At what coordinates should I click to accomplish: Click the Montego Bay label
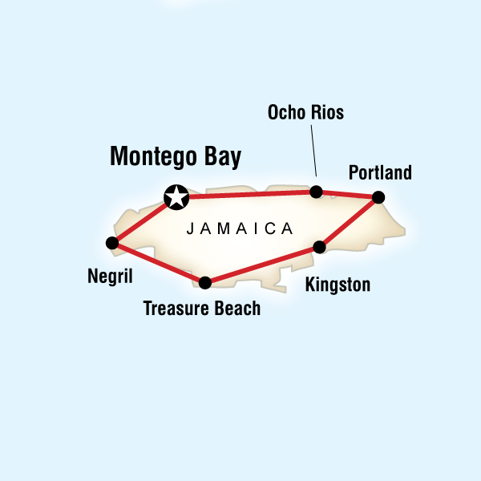coord(174,156)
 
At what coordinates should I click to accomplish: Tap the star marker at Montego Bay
coord(175,196)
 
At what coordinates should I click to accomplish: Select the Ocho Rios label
coord(305,112)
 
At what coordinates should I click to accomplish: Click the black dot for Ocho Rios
coord(316,192)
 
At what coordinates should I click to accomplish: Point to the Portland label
coord(380,172)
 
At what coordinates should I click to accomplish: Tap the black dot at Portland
coord(378,196)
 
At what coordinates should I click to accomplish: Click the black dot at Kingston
coord(319,247)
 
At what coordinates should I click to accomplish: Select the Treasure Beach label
coord(201,308)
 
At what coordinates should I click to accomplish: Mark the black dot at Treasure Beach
coord(205,282)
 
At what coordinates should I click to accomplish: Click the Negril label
coord(111,277)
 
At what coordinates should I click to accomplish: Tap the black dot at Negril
coord(112,242)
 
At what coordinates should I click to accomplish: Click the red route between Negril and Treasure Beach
coord(159,262)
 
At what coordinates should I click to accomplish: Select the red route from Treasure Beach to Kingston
coord(262,265)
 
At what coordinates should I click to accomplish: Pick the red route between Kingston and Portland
coord(349,221)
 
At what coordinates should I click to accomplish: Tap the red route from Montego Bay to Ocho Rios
coord(245,193)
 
